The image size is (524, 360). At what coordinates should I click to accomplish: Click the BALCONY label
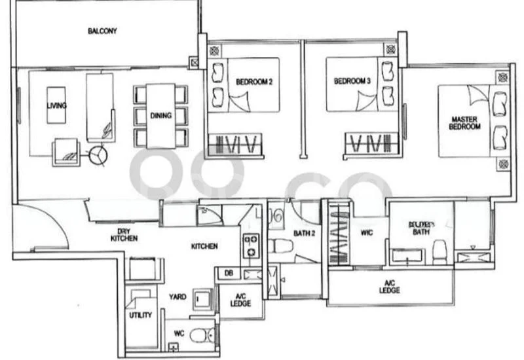(102, 31)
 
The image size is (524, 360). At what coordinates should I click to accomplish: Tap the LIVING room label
(57, 105)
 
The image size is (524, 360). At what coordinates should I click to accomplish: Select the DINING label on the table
(160, 116)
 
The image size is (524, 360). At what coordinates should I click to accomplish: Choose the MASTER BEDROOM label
(464, 123)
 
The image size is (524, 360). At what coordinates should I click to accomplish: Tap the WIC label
(367, 232)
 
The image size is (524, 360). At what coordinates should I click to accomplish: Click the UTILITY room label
(141, 315)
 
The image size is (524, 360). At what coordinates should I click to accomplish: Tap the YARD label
(177, 297)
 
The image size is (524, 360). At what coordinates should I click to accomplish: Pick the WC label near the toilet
(178, 333)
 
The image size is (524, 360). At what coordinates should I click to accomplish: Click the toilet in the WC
(199, 336)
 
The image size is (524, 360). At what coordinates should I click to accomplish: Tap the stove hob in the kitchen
(251, 246)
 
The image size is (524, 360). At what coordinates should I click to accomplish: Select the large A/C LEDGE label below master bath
(389, 287)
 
